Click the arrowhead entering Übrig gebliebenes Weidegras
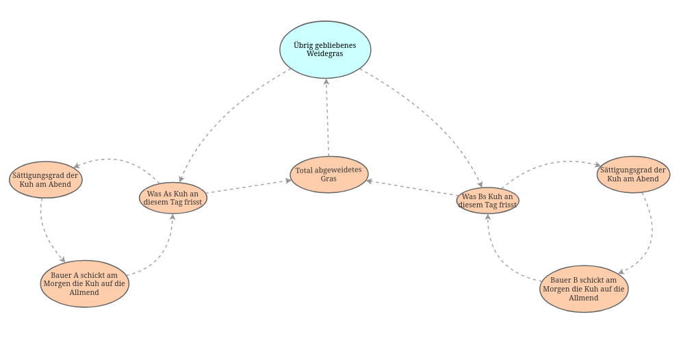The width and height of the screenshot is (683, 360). pos(326,82)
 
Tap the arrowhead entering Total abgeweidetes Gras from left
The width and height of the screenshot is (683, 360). pos(288,181)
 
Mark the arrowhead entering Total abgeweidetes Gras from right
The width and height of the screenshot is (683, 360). pos(370,181)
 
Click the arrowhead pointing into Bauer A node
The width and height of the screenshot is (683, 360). pos(62,259)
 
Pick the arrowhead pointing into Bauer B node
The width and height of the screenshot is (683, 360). pos(621,272)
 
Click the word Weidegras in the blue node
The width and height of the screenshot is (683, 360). pos(325,53)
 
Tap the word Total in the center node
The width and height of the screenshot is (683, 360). pos(304,170)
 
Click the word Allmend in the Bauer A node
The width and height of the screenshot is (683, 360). pos(84,292)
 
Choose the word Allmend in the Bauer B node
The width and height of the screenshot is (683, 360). pos(584,298)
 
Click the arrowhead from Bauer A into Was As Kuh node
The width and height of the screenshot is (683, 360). pos(172,218)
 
